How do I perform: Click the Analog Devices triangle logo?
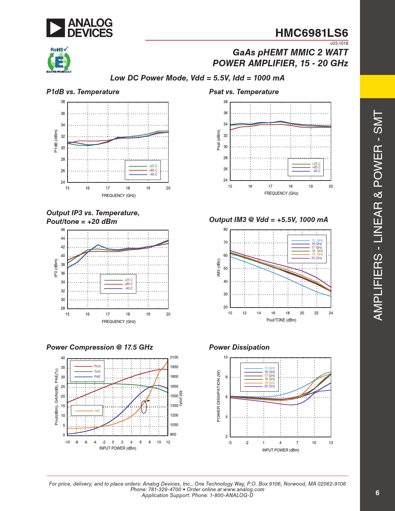(56, 28)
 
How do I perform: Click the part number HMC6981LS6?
(311, 33)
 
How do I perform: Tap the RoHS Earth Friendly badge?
(59, 60)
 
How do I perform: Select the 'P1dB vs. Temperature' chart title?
(83, 92)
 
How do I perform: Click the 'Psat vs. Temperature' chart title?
(244, 92)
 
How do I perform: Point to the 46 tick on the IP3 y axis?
(63, 230)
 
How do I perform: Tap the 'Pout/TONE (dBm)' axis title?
(281, 320)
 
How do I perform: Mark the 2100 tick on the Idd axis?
(174, 357)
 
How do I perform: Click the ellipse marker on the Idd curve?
(144, 407)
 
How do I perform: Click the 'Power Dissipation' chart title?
(239, 347)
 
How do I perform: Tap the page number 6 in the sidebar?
(377, 493)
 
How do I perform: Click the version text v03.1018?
(339, 44)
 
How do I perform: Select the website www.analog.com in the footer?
(244, 490)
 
